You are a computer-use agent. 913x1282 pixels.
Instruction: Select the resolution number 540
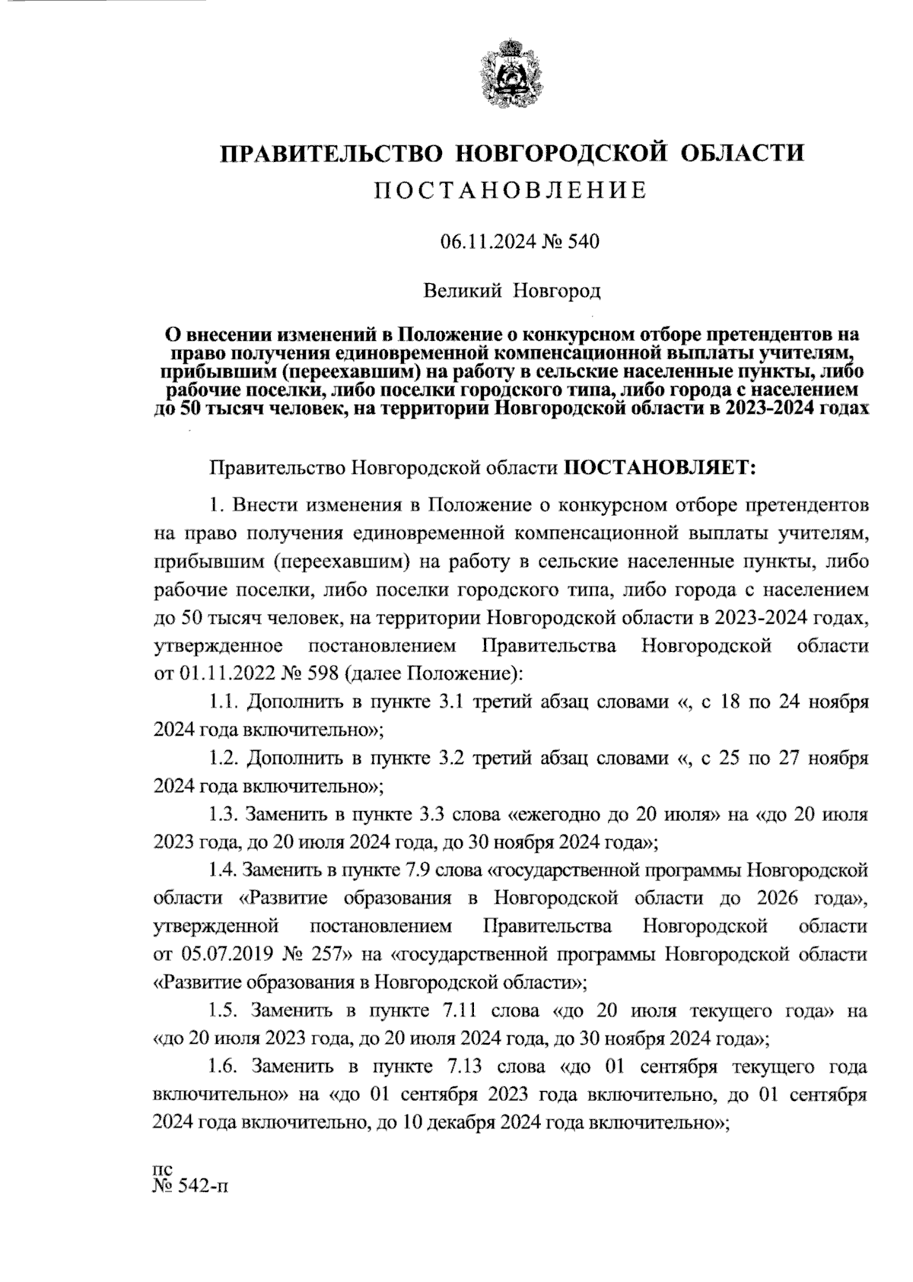(583, 243)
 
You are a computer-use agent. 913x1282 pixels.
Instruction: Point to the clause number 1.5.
(226, 1011)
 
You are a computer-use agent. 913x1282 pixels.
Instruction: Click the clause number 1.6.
(226, 1067)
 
